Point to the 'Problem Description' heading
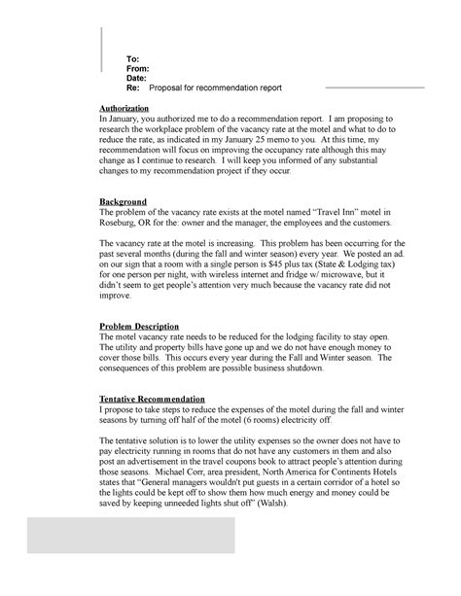coord(142,326)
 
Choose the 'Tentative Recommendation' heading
coord(153,400)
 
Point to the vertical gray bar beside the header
coord(102,49)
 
